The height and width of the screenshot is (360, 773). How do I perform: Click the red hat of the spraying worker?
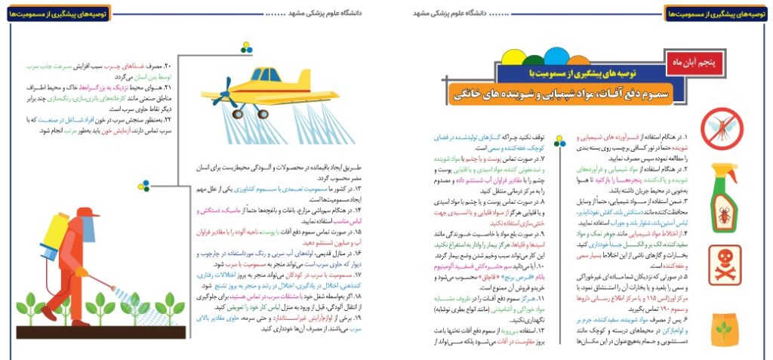point(85,213)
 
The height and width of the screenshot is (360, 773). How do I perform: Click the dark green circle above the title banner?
point(534,60)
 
